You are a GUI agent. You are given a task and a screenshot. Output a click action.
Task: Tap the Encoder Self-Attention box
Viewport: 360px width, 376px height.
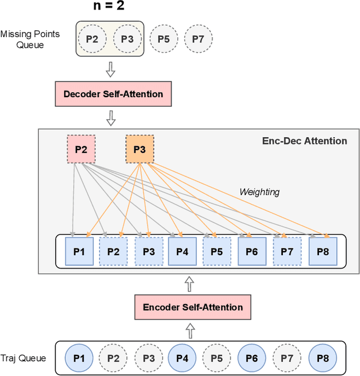(x=193, y=307)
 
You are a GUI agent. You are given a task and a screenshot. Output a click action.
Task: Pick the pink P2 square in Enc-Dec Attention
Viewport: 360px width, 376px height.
(x=81, y=149)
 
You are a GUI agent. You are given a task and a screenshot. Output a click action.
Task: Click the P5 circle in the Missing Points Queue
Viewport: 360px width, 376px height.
(x=164, y=39)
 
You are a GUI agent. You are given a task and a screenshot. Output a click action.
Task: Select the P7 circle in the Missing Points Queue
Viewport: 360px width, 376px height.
(x=199, y=39)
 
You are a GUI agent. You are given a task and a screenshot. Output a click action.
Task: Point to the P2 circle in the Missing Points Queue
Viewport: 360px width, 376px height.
(x=92, y=39)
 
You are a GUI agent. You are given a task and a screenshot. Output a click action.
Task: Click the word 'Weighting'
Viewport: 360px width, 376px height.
(x=259, y=192)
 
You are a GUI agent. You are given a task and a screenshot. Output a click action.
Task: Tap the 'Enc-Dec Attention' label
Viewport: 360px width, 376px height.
(x=305, y=141)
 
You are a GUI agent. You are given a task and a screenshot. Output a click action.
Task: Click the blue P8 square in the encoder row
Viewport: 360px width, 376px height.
(x=323, y=251)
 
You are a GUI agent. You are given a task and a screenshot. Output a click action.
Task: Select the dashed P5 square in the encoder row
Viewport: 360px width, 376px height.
(x=217, y=251)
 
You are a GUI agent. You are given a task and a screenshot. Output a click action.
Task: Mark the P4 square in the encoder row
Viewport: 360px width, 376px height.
(x=182, y=251)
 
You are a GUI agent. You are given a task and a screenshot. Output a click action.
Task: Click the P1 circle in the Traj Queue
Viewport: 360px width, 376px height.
(x=79, y=357)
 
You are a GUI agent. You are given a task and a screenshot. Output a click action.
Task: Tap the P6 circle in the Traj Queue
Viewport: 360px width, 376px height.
(x=252, y=357)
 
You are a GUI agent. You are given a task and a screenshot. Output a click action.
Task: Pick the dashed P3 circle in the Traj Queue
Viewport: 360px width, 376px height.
(x=148, y=357)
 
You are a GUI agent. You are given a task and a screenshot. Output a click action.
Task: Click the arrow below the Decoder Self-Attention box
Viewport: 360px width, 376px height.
(x=111, y=118)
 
